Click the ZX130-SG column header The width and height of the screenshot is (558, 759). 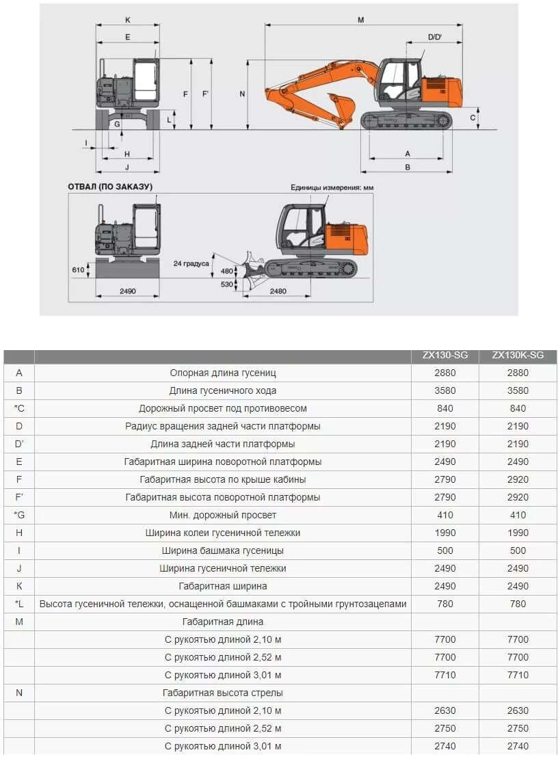coord(444,356)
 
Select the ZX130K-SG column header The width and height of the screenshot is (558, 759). coord(518,356)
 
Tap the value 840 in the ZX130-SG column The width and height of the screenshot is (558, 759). coord(444,408)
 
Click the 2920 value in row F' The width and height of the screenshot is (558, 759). coord(518,497)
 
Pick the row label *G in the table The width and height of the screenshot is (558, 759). coord(19,515)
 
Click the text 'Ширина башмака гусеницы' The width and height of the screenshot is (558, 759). coord(223,550)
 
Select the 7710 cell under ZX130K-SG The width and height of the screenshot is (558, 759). coord(518,675)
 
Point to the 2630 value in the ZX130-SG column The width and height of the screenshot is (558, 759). coord(444,710)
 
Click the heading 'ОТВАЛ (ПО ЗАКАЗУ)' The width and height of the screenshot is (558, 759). coord(110,187)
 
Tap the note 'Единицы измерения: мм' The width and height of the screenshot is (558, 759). coord(332,187)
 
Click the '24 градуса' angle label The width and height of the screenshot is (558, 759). coord(191,263)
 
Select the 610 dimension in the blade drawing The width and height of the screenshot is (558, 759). coord(78,270)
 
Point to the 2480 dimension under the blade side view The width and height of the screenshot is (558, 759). coord(278,291)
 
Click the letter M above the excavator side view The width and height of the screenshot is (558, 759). coord(360,21)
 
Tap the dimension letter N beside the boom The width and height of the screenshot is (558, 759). coord(242,94)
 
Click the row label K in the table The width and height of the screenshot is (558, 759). coord(19,586)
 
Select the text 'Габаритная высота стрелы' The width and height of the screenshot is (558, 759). coord(223,693)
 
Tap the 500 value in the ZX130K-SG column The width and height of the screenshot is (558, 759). coord(518,550)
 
